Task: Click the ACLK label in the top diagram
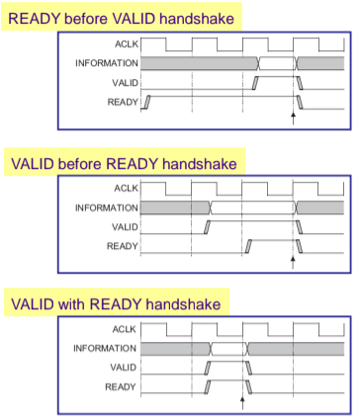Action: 127,43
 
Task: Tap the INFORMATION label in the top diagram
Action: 107,63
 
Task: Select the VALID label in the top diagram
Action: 125,83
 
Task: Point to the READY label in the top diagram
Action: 123,102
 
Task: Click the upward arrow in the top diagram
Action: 293,119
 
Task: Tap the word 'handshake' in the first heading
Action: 197,19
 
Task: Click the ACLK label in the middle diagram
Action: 126,188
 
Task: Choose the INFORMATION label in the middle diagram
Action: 107,208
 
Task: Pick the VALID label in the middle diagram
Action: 125,227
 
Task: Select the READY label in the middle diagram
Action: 123,246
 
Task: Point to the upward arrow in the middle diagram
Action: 293,263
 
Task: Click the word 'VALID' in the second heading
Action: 33,164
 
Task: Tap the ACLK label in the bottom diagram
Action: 125,329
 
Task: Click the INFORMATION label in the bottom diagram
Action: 105,348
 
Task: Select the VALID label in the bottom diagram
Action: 123,368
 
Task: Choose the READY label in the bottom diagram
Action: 121,386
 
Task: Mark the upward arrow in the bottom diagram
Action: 242,403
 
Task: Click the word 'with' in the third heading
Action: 71,303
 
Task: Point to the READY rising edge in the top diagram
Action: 146,102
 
